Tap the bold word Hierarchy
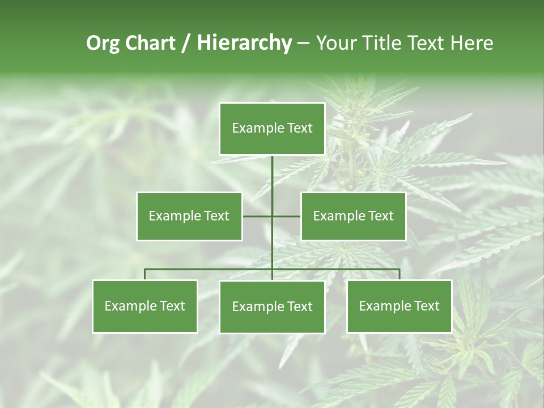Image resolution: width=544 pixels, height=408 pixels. click(244, 43)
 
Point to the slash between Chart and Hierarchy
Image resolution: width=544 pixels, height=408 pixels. click(185, 43)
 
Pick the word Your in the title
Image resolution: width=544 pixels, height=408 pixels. click(334, 43)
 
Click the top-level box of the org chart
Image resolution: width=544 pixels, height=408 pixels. click(272, 129)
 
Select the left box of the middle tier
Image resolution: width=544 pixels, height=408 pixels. click(189, 216)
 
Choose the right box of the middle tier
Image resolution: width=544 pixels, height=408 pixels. click(354, 216)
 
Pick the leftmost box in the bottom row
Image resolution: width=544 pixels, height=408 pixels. click(145, 306)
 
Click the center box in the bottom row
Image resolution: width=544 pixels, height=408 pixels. click(272, 307)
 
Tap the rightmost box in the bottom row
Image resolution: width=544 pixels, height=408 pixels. click(399, 306)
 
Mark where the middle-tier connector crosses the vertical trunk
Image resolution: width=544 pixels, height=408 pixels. click(272, 216)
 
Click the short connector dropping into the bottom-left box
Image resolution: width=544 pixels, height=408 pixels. click(145, 274)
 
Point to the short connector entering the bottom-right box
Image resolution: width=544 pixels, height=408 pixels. click(399, 274)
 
